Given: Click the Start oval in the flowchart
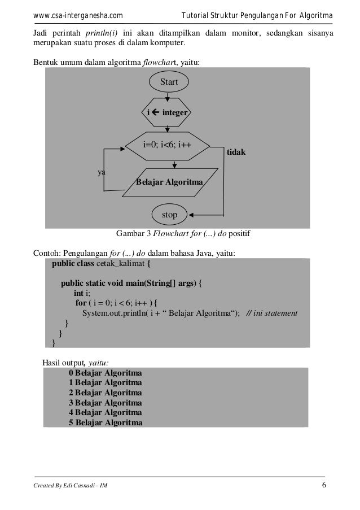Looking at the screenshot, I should click(169, 82).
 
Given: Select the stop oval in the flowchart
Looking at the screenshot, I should click(169, 215).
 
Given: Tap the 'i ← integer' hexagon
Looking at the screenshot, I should click(167, 114).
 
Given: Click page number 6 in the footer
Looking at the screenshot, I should click(323, 487).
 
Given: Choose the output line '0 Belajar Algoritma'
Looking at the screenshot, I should click(106, 373).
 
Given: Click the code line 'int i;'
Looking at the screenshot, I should click(82, 293).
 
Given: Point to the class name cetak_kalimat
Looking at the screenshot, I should click(121, 263).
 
